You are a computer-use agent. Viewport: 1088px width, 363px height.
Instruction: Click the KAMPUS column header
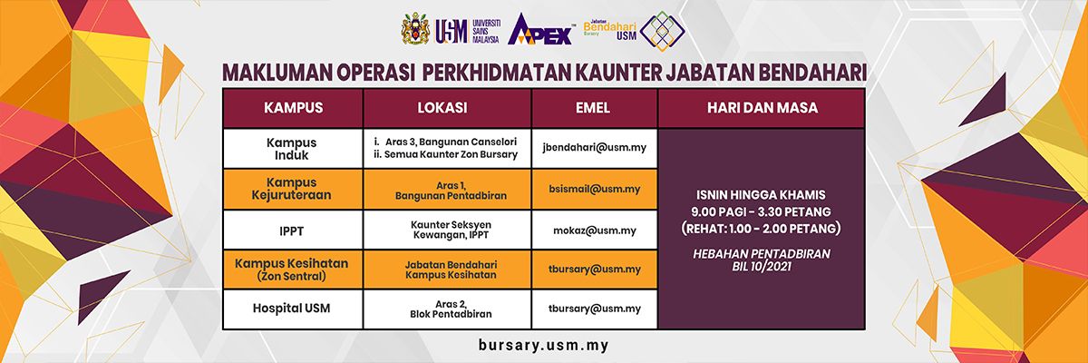(x=294, y=107)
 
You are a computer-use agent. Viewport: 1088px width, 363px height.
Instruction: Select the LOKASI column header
(x=442, y=107)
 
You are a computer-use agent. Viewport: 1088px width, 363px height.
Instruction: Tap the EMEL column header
(x=593, y=107)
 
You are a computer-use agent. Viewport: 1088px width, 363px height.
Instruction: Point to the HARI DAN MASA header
(x=763, y=107)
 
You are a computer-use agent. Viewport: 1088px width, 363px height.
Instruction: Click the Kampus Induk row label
(x=291, y=149)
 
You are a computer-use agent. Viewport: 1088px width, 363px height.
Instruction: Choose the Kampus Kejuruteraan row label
(x=291, y=189)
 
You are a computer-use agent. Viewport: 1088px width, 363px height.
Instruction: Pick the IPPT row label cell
(x=291, y=231)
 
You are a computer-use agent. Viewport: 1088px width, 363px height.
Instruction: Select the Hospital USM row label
(x=291, y=308)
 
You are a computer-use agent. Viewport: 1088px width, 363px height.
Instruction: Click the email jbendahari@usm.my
(x=595, y=148)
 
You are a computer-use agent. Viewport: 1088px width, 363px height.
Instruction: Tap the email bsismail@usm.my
(x=595, y=189)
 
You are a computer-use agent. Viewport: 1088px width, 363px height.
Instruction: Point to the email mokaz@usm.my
(x=595, y=231)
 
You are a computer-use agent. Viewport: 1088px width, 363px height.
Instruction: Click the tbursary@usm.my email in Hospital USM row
(x=595, y=309)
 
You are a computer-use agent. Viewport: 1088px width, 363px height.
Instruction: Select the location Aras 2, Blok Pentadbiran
(x=451, y=309)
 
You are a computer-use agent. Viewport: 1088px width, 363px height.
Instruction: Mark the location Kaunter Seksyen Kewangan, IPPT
(x=451, y=230)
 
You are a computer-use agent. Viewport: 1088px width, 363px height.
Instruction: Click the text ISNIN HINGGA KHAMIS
(x=761, y=195)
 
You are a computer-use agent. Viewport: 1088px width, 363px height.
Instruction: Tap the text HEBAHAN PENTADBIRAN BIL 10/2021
(x=762, y=260)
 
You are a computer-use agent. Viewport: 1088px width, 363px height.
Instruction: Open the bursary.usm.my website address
(x=543, y=345)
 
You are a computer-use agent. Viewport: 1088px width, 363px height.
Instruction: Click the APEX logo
(x=540, y=30)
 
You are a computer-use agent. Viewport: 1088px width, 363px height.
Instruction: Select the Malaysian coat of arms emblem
(x=415, y=29)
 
